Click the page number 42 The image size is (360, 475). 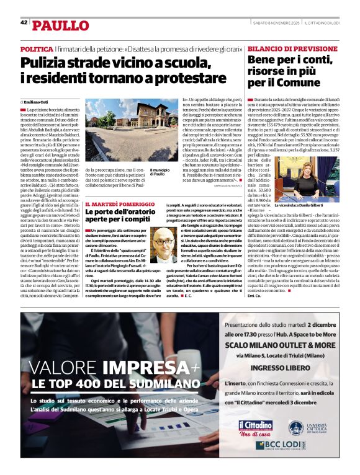point(24,22)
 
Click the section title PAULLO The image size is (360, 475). point(60,25)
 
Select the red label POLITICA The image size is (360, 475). point(37,48)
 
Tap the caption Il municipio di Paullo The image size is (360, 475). point(159,172)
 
